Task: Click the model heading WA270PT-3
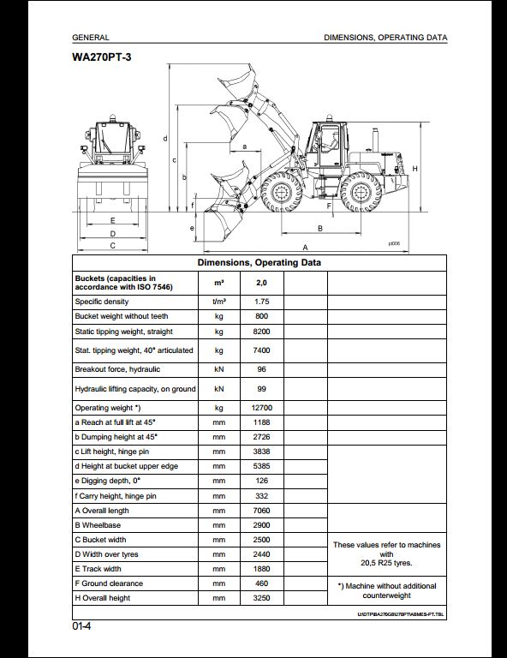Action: [101, 57]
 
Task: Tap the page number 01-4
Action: [81, 626]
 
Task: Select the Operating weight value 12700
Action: [262, 408]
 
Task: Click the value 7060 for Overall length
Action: [262, 511]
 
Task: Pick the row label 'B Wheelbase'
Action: [98, 525]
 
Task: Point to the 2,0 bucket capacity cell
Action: [262, 283]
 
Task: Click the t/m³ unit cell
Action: [219, 302]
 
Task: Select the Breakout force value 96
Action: [262, 369]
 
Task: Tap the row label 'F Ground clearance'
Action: [109, 583]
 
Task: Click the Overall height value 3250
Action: [262, 598]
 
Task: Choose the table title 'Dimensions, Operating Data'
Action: [259, 263]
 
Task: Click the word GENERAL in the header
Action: [91, 38]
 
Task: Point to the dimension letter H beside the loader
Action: [415, 169]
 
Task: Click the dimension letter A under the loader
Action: [305, 247]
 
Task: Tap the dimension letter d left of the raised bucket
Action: [165, 139]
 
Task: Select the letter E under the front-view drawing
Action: [112, 220]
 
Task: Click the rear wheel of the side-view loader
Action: [361, 192]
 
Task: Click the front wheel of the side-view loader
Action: [281, 192]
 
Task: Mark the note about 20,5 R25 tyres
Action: [386, 554]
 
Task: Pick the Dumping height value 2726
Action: [262, 437]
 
